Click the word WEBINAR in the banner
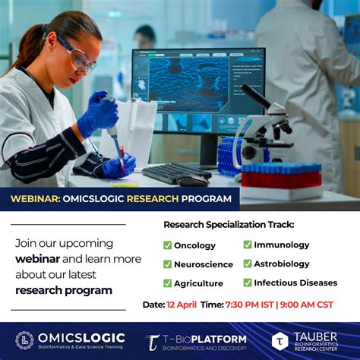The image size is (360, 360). pyautogui.click(x=34, y=199)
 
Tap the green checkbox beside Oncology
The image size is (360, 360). pyautogui.click(x=167, y=245)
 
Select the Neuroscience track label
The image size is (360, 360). pyautogui.click(x=204, y=264)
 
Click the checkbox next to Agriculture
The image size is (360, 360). pyautogui.click(x=167, y=283)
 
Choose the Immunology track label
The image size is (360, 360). pyautogui.click(x=281, y=245)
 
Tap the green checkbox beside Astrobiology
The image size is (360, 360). pyautogui.click(x=248, y=264)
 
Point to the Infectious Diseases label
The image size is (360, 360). pyautogui.click(x=295, y=283)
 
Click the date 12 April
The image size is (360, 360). pyautogui.click(x=183, y=305)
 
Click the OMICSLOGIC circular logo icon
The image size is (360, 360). pyautogui.click(x=24, y=340)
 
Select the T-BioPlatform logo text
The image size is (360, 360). pyautogui.click(x=205, y=339)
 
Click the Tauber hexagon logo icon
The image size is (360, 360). pyautogui.click(x=280, y=341)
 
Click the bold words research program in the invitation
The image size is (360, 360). pyautogui.click(x=63, y=290)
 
